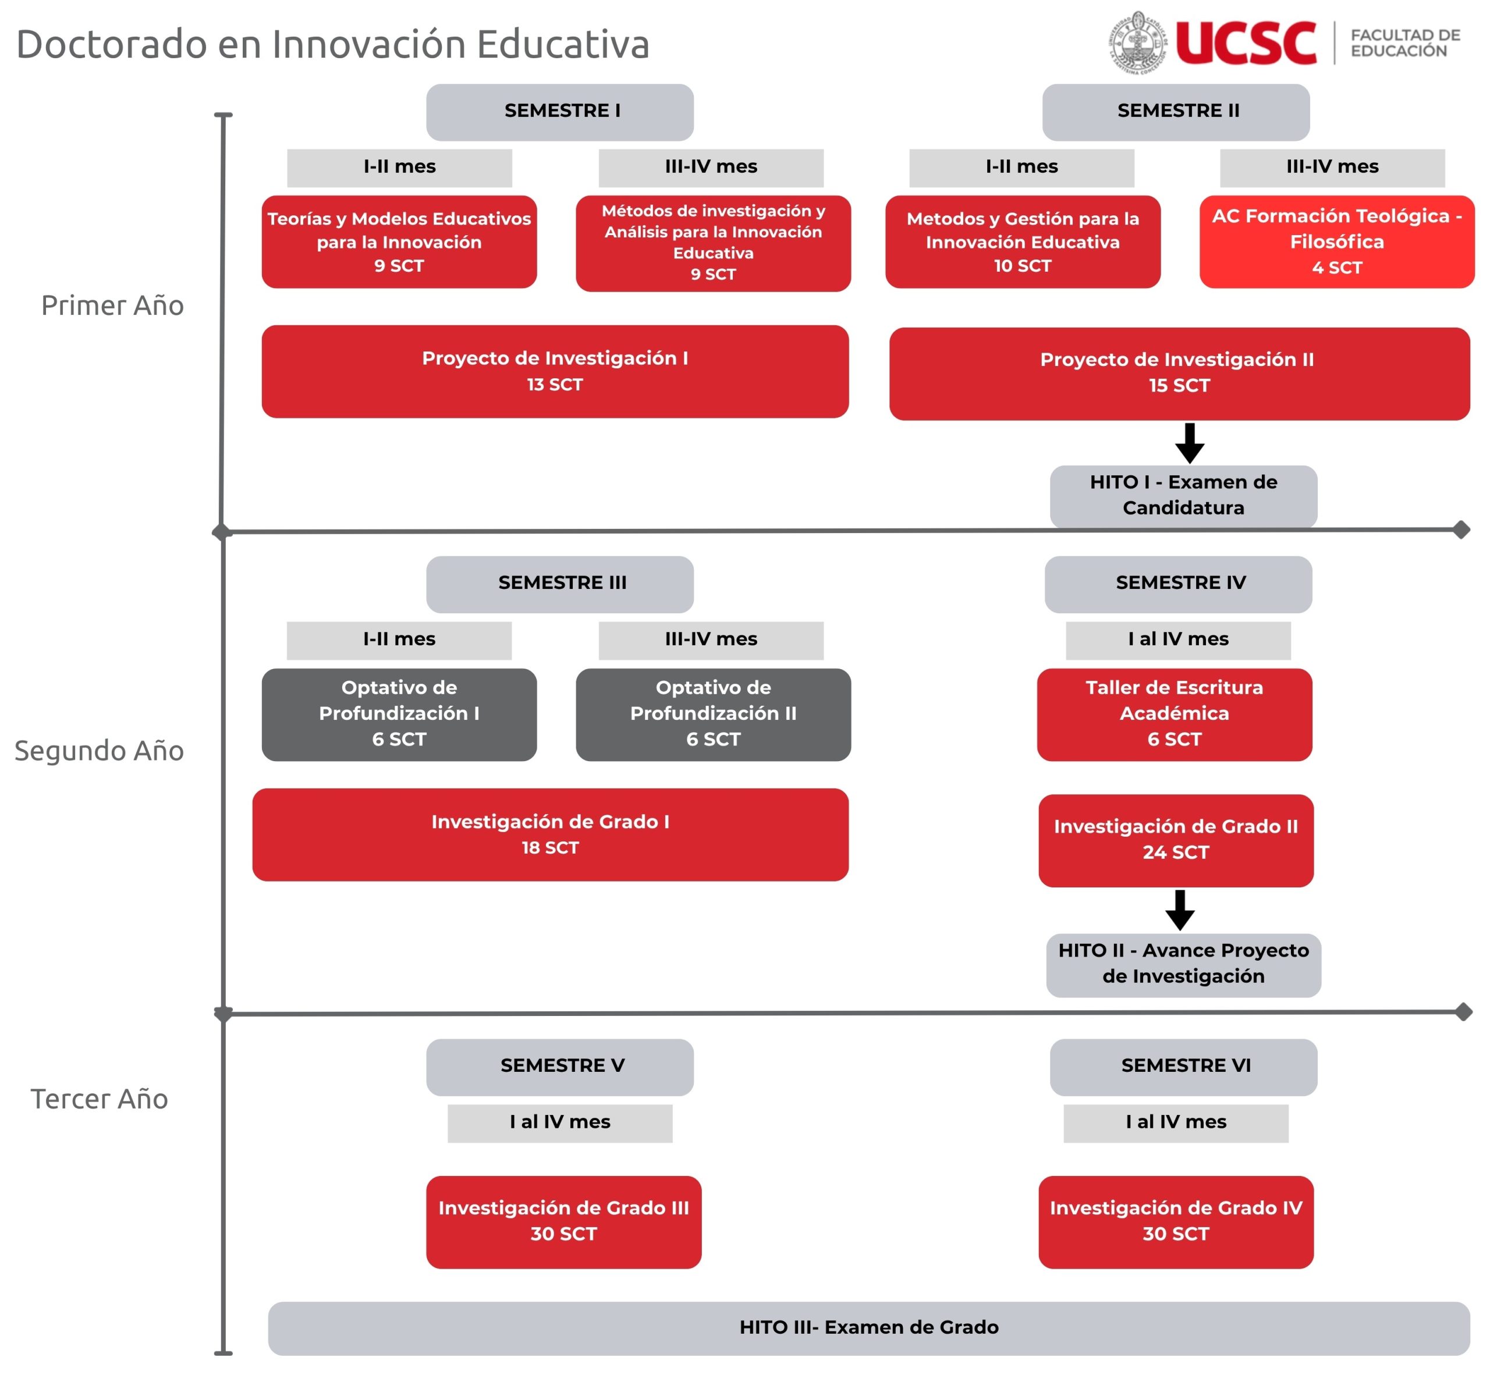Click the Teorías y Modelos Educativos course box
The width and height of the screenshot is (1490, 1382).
coord(399,241)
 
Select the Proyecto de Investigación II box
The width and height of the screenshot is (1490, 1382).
coord(1178,373)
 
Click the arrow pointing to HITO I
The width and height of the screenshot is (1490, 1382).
coord(1189,443)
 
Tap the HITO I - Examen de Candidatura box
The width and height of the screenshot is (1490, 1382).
coord(1183,495)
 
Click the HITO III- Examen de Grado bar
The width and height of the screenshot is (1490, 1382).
coord(868,1327)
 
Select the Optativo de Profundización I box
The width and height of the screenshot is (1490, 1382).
coord(399,714)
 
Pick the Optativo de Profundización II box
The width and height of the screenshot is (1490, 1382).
coord(713,714)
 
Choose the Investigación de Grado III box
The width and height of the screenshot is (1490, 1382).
coord(563,1221)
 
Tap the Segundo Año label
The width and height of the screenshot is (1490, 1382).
coord(99,750)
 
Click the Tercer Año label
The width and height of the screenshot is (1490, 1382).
coord(99,1099)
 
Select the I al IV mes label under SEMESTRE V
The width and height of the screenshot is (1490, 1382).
coord(559,1122)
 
